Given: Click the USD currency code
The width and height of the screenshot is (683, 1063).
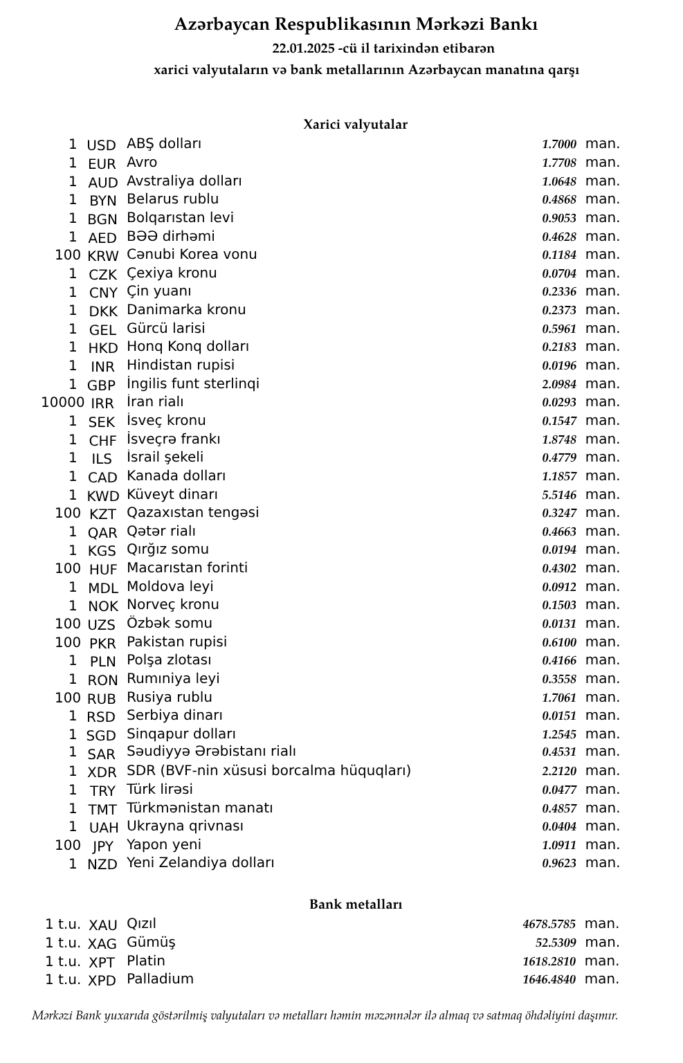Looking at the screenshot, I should (x=101, y=145).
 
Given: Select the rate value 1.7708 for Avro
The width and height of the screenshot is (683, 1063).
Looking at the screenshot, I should (x=558, y=163).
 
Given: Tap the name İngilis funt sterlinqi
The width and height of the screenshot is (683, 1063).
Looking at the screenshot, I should (x=192, y=383).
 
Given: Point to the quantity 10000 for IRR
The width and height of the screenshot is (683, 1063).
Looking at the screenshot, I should (x=62, y=402).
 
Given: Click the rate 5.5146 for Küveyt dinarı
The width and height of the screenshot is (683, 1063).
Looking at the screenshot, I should (x=558, y=495).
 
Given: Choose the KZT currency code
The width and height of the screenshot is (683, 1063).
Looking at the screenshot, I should (x=102, y=514).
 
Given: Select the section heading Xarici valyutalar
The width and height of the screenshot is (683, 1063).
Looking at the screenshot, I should (x=355, y=125).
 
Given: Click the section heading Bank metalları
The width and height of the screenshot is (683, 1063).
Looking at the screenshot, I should (x=355, y=905).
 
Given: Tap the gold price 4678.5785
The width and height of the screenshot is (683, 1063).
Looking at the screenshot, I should (x=549, y=925).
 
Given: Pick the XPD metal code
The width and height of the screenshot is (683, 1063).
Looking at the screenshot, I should (x=102, y=981).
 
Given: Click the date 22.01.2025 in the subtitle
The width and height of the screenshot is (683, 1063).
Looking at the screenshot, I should (x=303, y=48).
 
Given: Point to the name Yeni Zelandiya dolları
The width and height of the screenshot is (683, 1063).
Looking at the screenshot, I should (x=200, y=863).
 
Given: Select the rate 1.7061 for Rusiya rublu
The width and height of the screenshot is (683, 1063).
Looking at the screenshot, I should (x=558, y=698).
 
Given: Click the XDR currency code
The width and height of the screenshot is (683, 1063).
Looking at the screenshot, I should (x=102, y=772).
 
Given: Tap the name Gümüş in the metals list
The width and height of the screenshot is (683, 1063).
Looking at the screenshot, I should (x=151, y=943).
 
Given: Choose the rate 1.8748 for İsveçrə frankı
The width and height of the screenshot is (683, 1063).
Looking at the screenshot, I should (x=558, y=439).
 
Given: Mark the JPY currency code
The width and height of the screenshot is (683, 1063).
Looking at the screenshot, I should (x=102, y=846).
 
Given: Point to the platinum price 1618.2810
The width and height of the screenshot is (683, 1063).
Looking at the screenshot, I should (x=549, y=961).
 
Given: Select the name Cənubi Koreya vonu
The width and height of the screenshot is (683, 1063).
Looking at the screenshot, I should (x=191, y=255).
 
